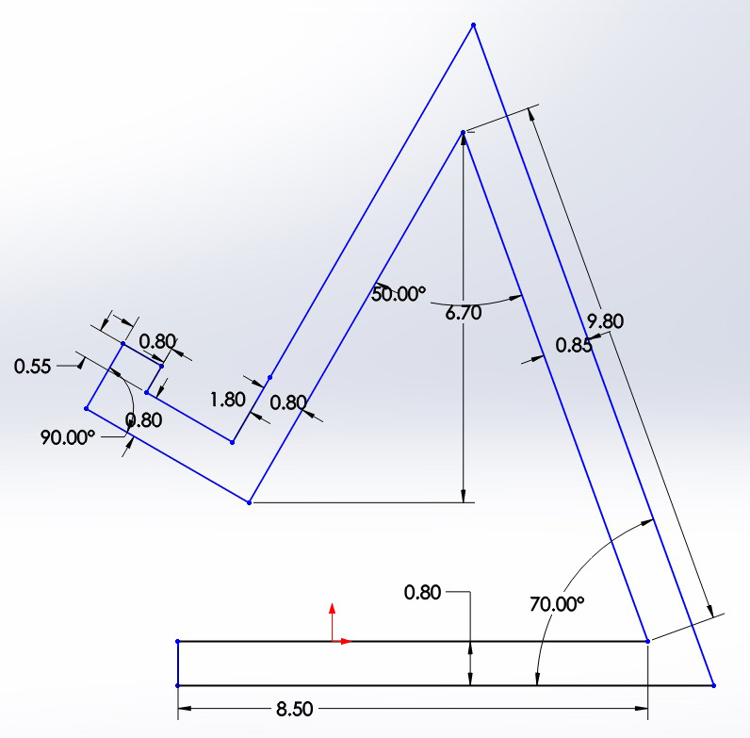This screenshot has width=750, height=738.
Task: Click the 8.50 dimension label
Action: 295,709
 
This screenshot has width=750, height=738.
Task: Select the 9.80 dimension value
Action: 606,321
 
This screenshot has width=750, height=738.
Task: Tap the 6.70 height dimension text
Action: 463,313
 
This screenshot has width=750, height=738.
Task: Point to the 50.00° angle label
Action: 399,294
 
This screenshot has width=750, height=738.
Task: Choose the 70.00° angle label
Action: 557,604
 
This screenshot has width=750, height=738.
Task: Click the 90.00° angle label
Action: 68,437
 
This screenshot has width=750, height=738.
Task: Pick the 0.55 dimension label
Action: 33,367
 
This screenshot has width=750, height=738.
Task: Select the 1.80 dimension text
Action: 228,400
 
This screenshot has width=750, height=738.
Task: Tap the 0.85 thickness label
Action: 574,346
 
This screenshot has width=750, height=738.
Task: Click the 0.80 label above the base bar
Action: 422,593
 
